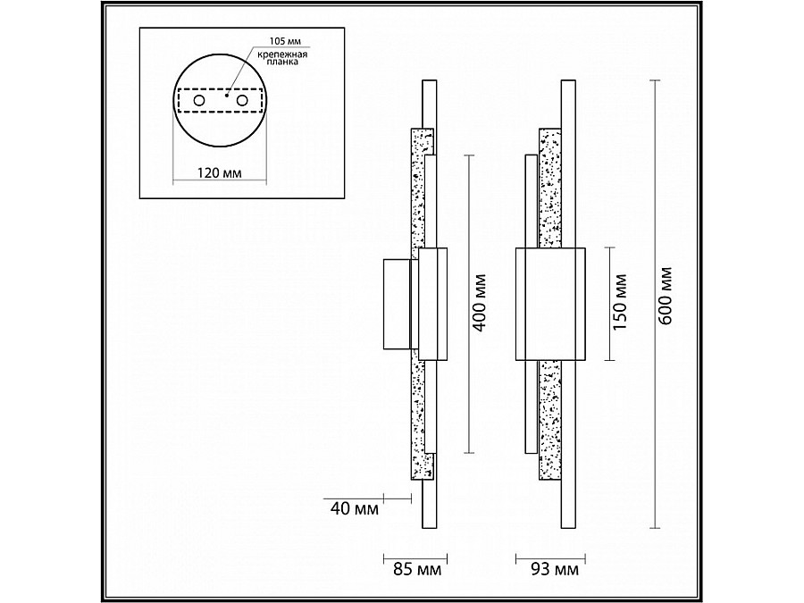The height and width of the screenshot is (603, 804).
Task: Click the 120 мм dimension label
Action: pos(220,172)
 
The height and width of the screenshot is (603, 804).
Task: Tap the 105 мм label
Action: pos(286,41)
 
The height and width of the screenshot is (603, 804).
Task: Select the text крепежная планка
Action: pos(282,58)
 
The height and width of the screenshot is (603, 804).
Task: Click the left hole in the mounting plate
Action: pos(198,100)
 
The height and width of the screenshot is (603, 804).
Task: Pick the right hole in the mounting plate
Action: pos(242,100)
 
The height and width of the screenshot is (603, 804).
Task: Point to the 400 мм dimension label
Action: pos(479,303)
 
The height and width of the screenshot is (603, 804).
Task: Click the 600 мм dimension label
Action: pos(665,296)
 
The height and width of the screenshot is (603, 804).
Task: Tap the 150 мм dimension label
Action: pos(620,303)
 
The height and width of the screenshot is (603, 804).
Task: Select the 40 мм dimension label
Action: pos(355,508)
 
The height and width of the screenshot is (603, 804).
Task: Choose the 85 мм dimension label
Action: pos(417,569)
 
